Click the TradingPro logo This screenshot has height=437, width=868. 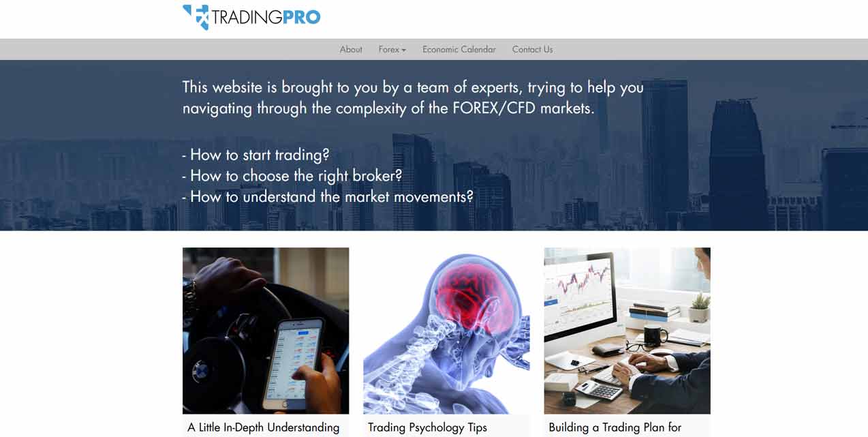tap(251, 17)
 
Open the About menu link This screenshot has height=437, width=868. tap(351, 49)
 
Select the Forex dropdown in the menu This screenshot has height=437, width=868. tap(392, 49)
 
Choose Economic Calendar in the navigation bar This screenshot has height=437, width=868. tap(459, 49)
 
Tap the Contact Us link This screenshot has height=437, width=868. tap(532, 49)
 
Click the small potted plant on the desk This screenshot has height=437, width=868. tap(699, 307)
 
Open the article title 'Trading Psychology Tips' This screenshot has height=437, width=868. tap(427, 427)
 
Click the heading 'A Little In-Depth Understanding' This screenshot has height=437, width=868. tap(263, 427)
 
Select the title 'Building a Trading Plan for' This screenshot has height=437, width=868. tap(615, 427)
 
